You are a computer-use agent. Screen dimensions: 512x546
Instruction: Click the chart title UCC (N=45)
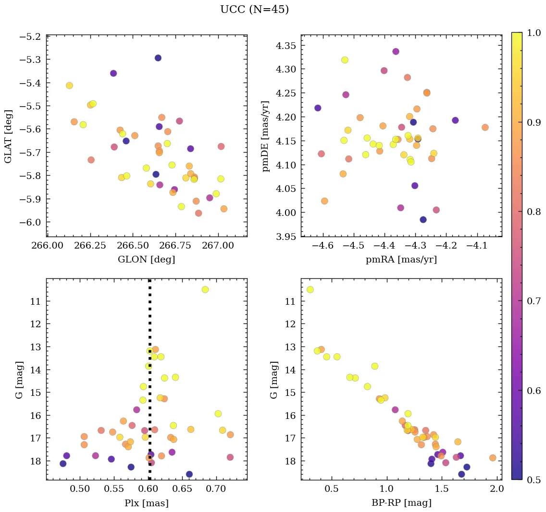[254, 10]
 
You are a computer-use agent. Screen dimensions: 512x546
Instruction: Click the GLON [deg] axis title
[146, 260]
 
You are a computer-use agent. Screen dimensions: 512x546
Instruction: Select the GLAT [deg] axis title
[8, 136]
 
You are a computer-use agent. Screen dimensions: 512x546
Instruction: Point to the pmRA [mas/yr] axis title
[401, 260]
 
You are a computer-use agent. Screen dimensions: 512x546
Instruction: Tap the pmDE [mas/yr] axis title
[265, 136]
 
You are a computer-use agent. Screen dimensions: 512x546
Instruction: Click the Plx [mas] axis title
[146, 503]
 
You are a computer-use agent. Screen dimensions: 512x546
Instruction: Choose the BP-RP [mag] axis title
[401, 503]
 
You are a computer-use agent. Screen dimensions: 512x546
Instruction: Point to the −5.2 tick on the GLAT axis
[31, 37]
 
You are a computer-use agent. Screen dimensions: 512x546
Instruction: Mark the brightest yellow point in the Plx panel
[205, 289]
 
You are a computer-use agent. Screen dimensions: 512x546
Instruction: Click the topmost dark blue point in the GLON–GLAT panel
[158, 58]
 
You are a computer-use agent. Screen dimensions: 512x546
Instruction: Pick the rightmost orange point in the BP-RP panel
[493, 458]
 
